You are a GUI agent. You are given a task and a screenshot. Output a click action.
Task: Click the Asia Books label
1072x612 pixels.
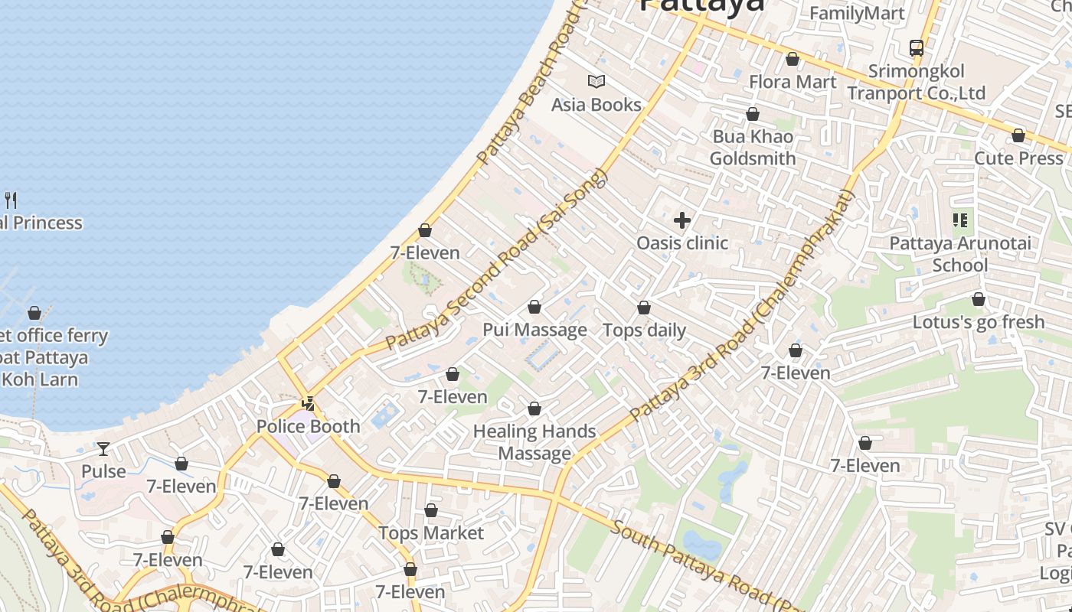[596, 105]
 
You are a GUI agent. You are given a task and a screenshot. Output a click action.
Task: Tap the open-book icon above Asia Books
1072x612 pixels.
[596, 81]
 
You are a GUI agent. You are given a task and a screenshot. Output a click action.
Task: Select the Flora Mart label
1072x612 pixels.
[793, 82]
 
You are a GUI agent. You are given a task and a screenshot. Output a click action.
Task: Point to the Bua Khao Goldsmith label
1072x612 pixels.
[753, 148]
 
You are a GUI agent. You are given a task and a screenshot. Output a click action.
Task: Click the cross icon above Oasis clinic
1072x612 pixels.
[681, 221]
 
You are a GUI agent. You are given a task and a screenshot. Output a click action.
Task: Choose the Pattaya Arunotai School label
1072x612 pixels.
[959, 254]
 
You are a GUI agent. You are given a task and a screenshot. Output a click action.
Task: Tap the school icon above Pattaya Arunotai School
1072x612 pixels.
[959, 221]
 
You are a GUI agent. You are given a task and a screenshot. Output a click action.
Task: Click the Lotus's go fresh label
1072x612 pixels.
[978, 322]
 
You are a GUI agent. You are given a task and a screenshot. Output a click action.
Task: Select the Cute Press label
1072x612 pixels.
[1018, 158]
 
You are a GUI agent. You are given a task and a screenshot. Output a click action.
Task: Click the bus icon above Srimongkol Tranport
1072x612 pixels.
[916, 48]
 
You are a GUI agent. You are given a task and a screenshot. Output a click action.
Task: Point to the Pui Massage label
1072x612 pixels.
[534, 330]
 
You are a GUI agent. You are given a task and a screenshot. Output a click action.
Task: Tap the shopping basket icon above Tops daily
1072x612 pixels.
[644, 308]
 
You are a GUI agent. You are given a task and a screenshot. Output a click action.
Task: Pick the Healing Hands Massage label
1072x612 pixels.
[534, 442]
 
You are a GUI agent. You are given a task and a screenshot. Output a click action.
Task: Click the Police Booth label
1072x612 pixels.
[308, 426]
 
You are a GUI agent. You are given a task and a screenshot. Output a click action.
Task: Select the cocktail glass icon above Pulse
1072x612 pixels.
[103, 448]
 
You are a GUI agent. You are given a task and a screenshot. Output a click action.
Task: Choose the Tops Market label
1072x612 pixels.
[431, 533]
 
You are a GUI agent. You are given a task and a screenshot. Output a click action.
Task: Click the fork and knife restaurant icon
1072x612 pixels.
[11, 200]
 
